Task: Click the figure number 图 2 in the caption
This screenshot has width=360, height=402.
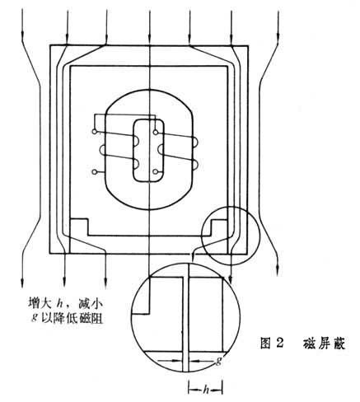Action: click(272, 344)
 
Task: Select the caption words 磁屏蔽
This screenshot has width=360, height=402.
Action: click(324, 344)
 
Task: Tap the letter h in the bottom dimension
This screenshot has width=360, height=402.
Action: click(205, 390)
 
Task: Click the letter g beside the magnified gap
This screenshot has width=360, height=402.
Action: click(218, 361)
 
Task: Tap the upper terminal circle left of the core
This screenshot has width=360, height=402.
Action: click(95, 132)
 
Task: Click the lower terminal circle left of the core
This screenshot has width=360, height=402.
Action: click(95, 172)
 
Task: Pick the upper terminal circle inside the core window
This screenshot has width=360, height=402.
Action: click(156, 133)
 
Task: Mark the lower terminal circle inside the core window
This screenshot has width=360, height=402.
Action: click(156, 172)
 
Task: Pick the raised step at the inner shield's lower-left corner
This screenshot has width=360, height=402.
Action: click(79, 227)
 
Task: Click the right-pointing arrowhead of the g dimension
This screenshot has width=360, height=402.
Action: click(176, 361)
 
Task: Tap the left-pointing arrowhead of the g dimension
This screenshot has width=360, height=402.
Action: click(194, 362)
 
